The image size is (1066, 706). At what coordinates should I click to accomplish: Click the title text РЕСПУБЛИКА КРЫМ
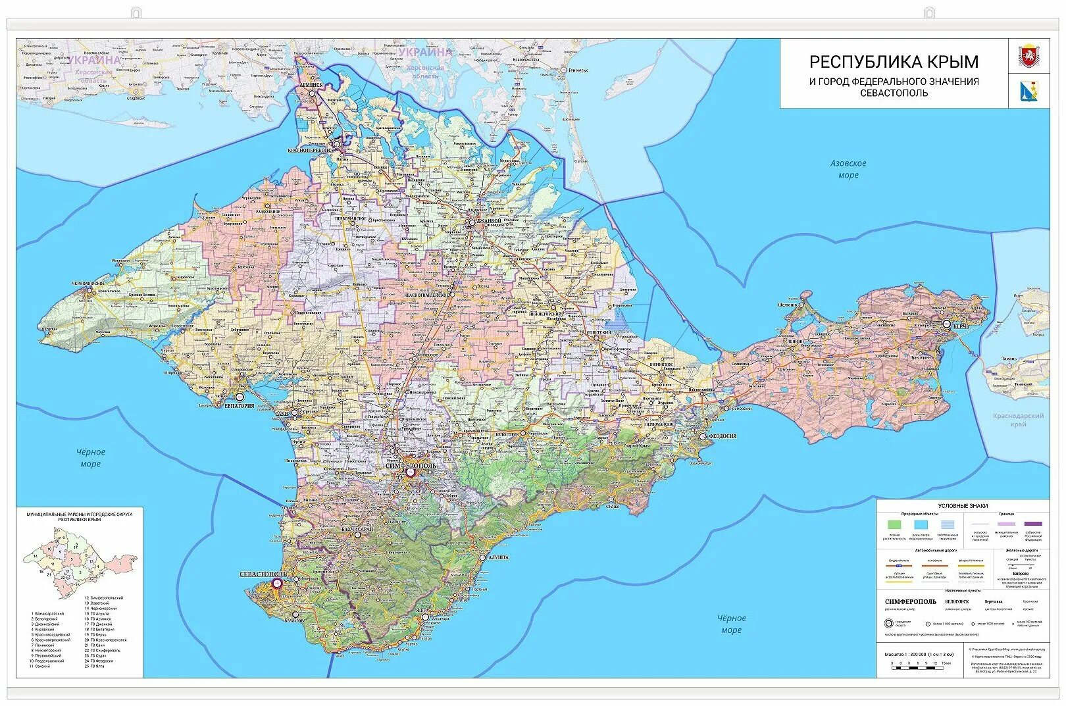pos(893,62)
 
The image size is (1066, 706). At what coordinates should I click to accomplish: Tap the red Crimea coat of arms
pos(1028,56)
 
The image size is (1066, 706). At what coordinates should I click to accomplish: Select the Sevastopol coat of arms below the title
pos(1028,91)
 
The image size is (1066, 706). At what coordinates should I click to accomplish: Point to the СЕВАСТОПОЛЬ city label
pos(263,574)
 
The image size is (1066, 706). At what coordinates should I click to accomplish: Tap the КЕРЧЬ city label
pos(960,326)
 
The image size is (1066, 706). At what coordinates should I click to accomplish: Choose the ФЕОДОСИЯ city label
pos(722,436)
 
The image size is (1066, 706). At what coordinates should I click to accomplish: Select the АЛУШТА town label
pos(497,557)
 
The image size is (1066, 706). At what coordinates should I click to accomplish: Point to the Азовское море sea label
pos(848,169)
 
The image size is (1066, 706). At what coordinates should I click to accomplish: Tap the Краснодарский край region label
pos(1018,420)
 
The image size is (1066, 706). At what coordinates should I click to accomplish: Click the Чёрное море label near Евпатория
pos(90,458)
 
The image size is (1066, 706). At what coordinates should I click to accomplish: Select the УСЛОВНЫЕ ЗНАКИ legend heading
pos(962,506)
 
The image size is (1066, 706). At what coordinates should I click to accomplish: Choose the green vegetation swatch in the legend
pos(894,524)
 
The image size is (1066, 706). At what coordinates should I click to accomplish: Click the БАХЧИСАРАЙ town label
pos(357,529)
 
